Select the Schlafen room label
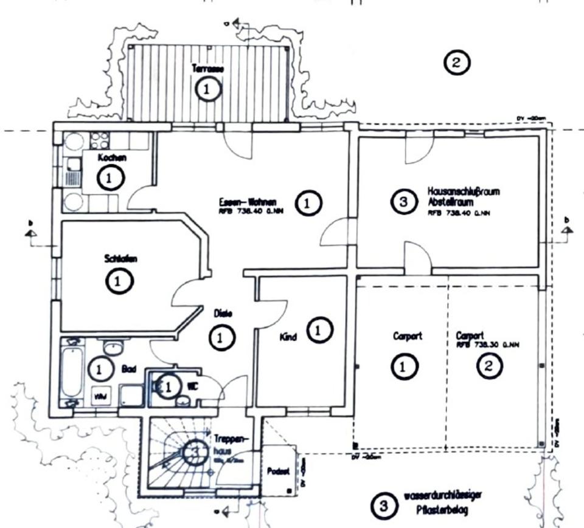(x=120, y=259)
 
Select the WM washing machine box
(x=99, y=396)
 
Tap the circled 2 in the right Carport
(x=490, y=366)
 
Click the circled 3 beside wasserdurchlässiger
(x=382, y=504)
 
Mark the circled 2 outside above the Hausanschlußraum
(x=457, y=61)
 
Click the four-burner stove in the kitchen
(x=99, y=141)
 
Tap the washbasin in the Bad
(x=113, y=347)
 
